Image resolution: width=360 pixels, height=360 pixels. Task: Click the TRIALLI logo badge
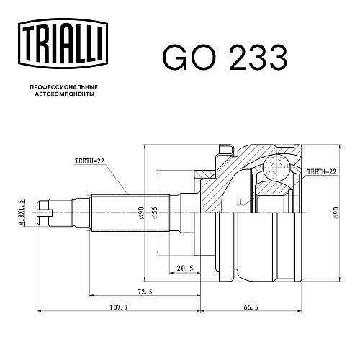pyautogui.click(x=63, y=45)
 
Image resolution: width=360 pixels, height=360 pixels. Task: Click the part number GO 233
pyautogui.click(x=225, y=58)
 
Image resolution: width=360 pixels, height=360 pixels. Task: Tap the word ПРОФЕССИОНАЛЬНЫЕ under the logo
pyautogui.click(x=64, y=87)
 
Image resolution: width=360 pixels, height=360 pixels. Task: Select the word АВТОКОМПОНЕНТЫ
pyautogui.click(x=65, y=94)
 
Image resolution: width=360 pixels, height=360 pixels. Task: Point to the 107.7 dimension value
pyautogui.click(x=119, y=307)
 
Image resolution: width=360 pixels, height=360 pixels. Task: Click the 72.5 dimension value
pyautogui.click(x=145, y=292)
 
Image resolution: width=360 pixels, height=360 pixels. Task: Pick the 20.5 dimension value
pyautogui.click(x=185, y=268)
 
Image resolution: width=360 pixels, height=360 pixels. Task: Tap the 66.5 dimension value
pyautogui.click(x=251, y=307)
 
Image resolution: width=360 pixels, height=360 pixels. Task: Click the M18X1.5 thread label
pyautogui.click(x=22, y=212)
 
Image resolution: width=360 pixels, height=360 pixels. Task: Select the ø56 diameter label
pyautogui.click(x=154, y=212)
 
